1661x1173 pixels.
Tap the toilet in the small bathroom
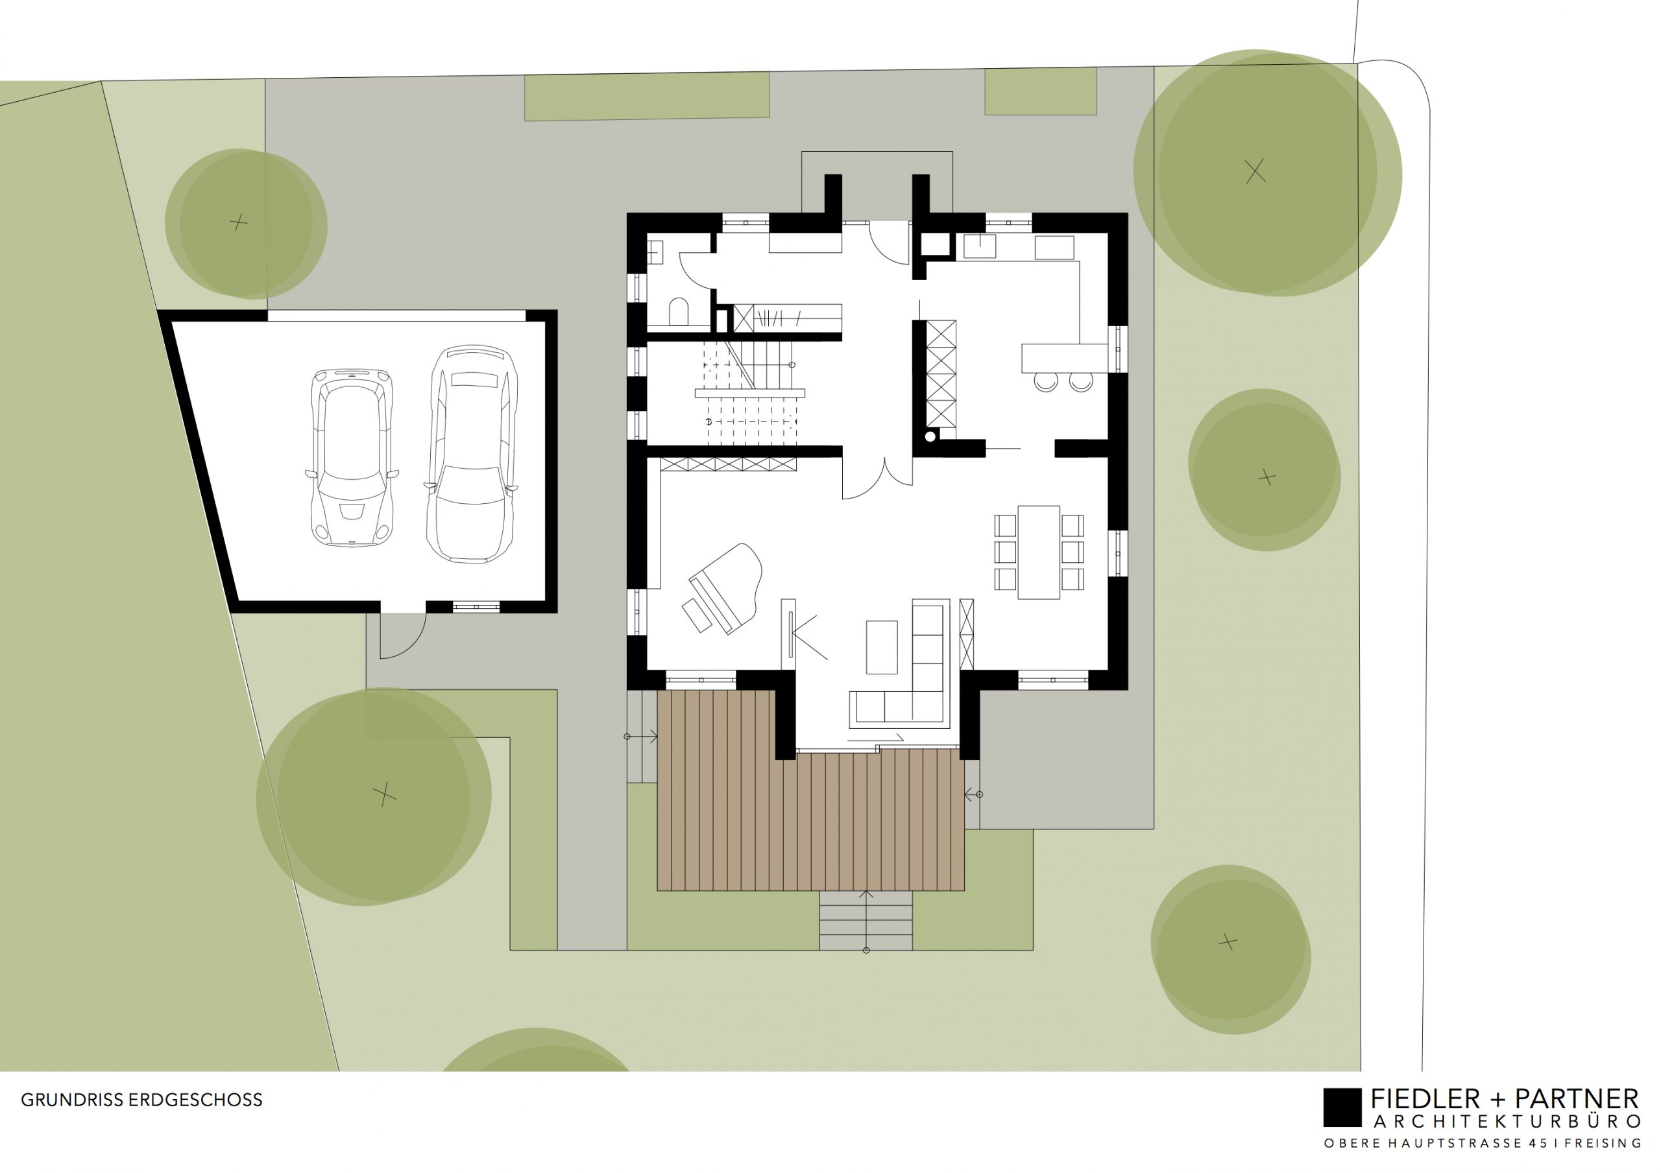(x=679, y=312)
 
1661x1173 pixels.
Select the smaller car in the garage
(x=352, y=457)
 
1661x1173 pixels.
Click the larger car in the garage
(x=472, y=454)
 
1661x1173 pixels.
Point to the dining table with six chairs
(x=1039, y=552)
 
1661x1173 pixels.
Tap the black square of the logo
(x=1342, y=1108)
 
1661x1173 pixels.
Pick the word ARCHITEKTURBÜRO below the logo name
(x=1506, y=1122)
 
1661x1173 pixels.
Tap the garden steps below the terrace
(x=866, y=921)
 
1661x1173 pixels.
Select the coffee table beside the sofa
(x=881, y=647)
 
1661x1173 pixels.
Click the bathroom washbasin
(x=655, y=252)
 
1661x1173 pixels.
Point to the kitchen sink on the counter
(x=980, y=246)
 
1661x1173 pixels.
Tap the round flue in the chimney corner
(x=930, y=436)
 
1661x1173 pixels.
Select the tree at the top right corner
(x=1267, y=173)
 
